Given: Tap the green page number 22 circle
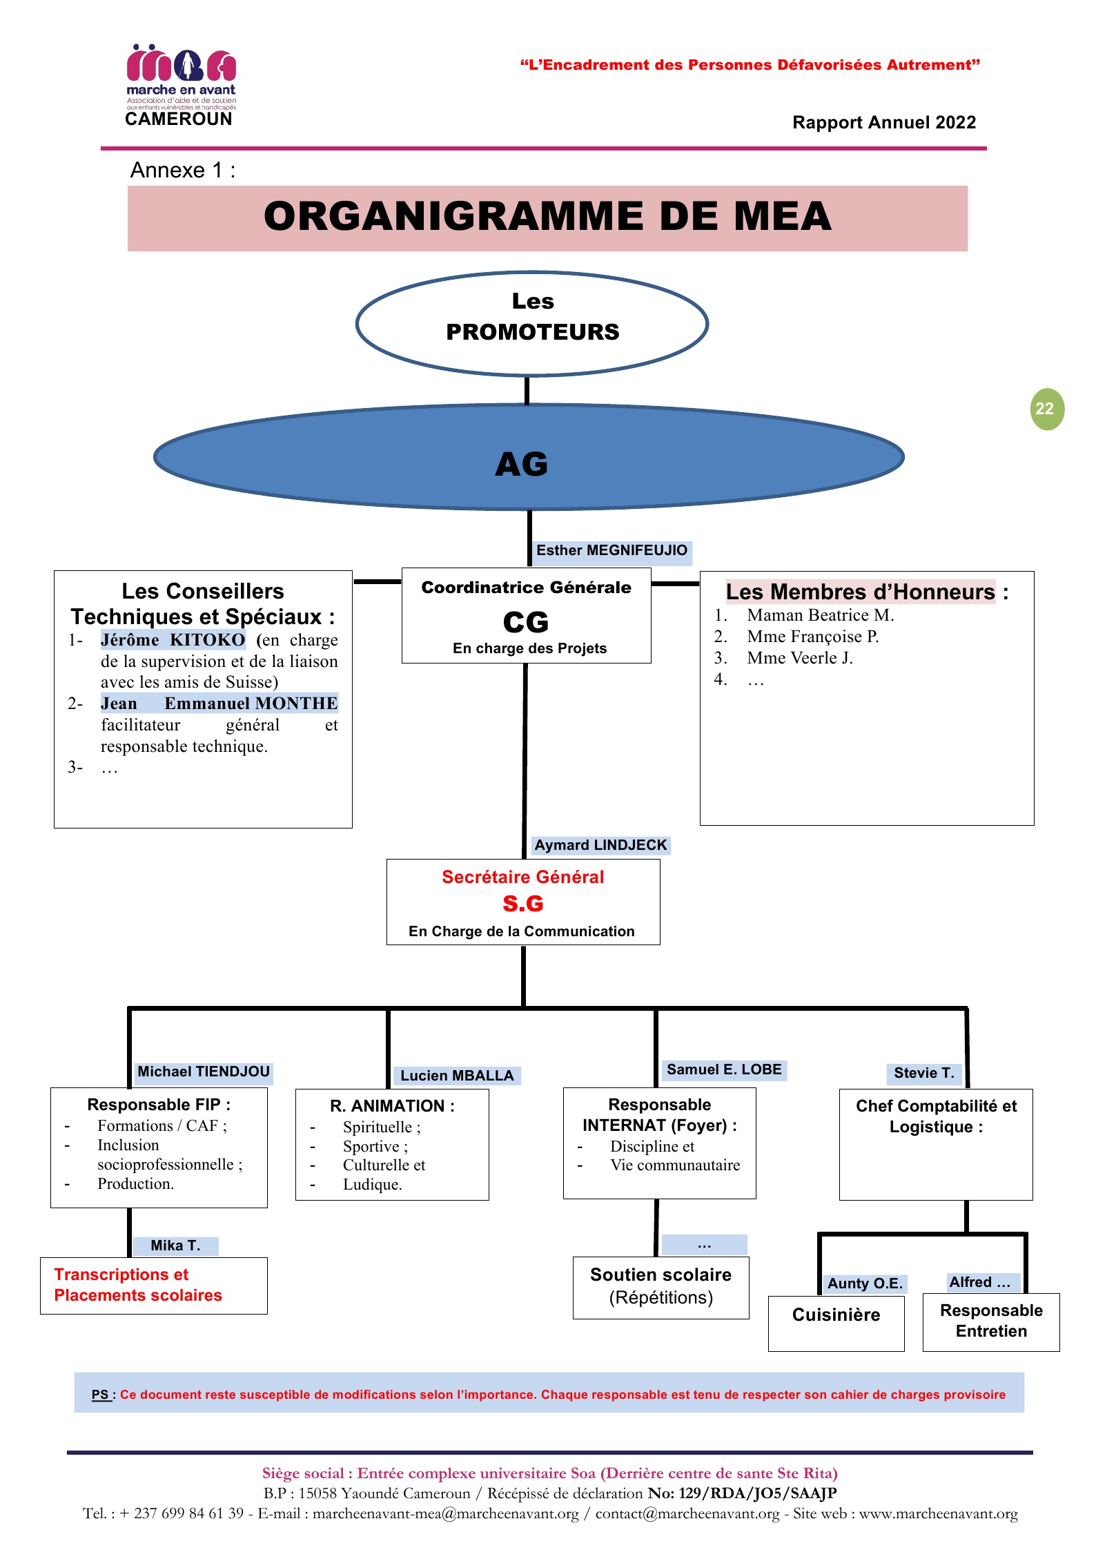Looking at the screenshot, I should pyautogui.click(x=1046, y=409).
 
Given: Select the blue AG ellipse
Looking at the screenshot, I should pyautogui.click(x=529, y=457).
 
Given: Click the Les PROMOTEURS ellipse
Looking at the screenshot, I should pyautogui.click(x=532, y=323).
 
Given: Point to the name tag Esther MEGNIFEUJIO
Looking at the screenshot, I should pyautogui.click(x=611, y=551).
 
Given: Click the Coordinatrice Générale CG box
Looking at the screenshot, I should pyautogui.click(x=527, y=616).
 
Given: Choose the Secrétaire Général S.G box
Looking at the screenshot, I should pyautogui.click(x=523, y=902).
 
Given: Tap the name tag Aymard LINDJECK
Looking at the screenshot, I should pyautogui.click(x=600, y=846).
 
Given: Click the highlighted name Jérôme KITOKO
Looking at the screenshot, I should pyautogui.click(x=173, y=640).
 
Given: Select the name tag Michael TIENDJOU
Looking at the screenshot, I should pyautogui.click(x=204, y=1072).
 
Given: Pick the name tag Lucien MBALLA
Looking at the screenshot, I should pyautogui.click(x=457, y=1076).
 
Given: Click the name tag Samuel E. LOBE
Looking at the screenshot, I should pyautogui.click(x=724, y=1070).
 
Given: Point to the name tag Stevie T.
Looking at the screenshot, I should pyautogui.click(x=923, y=1073).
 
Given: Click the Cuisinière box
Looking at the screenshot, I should pyautogui.click(x=836, y=1322).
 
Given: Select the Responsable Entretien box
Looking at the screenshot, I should pyautogui.click(x=991, y=1321).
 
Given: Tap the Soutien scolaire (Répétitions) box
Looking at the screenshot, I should pyautogui.click(x=660, y=1287).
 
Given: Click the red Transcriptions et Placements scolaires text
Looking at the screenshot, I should pyautogui.click(x=138, y=1285).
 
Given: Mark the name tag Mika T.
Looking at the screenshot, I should pyautogui.click(x=175, y=1246).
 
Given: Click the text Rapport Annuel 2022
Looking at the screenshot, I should pyautogui.click(x=884, y=122).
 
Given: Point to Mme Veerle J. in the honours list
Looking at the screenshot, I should pyautogui.click(x=799, y=658).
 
